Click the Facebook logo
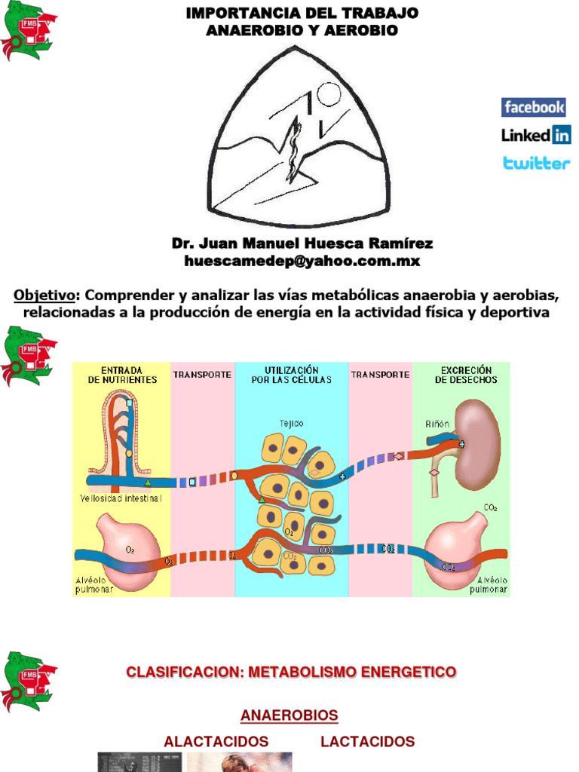click(534, 107)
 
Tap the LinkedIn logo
click(536, 135)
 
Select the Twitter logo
click(536, 163)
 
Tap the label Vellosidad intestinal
click(121, 498)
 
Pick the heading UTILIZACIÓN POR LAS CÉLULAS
click(292, 375)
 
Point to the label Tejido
click(292, 424)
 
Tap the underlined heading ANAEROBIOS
click(289, 715)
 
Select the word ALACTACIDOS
click(216, 741)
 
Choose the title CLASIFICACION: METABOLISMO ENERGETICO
click(291, 671)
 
